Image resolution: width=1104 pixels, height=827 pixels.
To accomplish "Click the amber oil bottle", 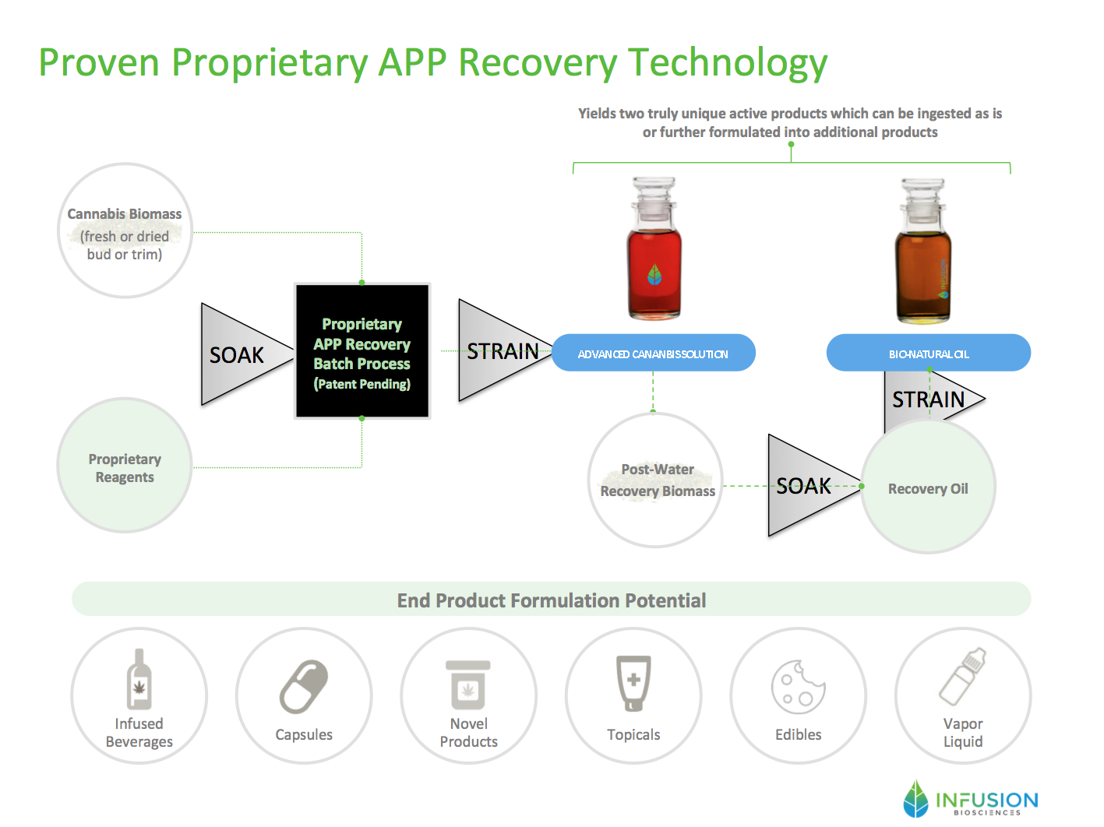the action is (923, 251).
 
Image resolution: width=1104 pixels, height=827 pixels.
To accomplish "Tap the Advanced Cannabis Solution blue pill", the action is (654, 353).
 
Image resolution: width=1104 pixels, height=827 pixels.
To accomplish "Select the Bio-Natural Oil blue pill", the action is (929, 353).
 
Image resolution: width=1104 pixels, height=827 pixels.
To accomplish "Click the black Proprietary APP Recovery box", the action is (362, 351).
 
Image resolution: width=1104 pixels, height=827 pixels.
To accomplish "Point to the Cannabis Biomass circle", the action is (125, 231).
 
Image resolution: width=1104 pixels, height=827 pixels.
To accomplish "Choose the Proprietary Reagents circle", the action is (125, 466).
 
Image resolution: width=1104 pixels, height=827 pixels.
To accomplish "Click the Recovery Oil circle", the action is (929, 487).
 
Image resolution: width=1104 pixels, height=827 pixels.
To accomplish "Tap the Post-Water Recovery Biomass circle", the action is (655, 480).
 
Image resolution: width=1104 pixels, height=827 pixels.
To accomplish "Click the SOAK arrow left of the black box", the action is (242, 354).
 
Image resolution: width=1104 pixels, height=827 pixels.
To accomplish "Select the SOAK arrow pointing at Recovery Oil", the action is (809, 486).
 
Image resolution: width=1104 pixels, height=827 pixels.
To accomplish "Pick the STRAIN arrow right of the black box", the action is (500, 350).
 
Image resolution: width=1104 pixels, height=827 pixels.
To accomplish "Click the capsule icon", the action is (304, 687).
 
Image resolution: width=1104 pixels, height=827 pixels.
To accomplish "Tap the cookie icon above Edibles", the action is (799, 687).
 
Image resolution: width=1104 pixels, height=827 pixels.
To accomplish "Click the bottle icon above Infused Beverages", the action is (139, 679).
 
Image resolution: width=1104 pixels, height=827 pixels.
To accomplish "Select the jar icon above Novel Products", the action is (468, 684).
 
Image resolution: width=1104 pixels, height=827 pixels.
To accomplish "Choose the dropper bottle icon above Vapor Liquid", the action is (963, 677).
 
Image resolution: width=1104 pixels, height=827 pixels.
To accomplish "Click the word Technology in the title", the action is (728, 63).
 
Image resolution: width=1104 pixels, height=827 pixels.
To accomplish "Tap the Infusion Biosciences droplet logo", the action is (915, 798).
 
